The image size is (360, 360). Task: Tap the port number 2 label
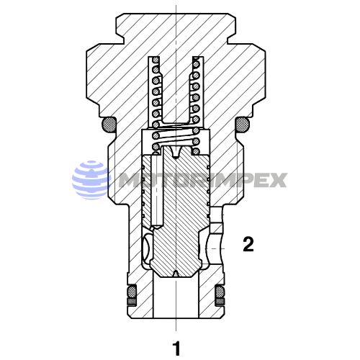tap(248, 246)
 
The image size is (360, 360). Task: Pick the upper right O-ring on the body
tap(243, 125)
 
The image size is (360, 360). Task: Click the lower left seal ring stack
tap(132, 295)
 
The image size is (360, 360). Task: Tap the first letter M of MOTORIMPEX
tap(130, 179)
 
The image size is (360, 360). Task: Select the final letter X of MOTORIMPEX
tap(277, 179)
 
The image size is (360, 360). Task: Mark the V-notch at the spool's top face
tap(176, 152)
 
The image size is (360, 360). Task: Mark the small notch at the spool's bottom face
tap(176, 274)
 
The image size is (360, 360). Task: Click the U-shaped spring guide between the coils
tap(176, 108)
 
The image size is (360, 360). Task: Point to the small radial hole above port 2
tap(219, 214)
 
